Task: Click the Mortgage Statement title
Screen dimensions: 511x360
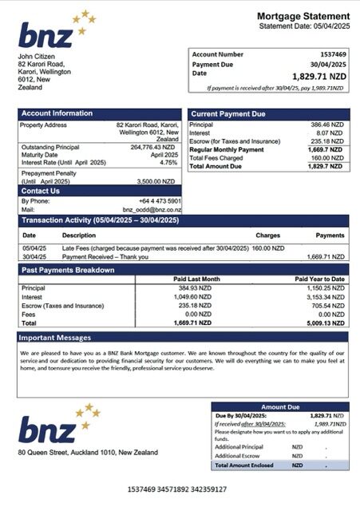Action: coord(303,16)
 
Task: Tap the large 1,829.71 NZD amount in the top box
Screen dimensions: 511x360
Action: coord(319,75)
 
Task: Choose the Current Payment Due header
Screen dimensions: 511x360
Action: coord(227,113)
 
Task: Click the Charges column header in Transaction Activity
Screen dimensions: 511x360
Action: coord(267,236)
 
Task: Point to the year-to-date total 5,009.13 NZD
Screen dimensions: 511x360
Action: coord(323,323)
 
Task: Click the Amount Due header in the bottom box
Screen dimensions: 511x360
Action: coord(279,406)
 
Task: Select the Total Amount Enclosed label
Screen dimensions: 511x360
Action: coord(243,465)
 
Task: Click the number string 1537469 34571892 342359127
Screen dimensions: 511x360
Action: coord(177,488)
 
